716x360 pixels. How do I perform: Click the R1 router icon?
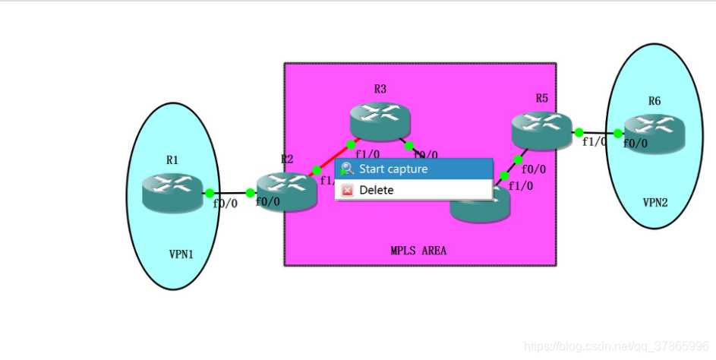[x=172, y=192]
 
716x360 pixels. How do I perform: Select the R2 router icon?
[x=285, y=191]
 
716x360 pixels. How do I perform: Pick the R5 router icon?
[x=541, y=130]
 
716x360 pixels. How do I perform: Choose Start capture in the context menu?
[x=393, y=169]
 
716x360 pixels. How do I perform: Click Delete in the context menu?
[x=377, y=190]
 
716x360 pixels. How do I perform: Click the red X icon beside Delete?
[x=347, y=190]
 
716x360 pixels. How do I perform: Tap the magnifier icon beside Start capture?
[x=347, y=169]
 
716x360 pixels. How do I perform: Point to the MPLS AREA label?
[x=418, y=250]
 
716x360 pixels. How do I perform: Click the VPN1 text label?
[x=181, y=254]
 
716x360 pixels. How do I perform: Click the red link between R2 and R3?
[x=334, y=156]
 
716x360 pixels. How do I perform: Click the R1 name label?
[x=172, y=159]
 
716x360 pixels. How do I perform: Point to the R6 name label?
[x=654, y=101]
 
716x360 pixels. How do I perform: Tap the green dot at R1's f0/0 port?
[x=210, y=193]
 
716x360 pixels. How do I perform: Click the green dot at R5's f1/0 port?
[x=579, y=132]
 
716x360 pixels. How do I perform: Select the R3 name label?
[x=380, y=89]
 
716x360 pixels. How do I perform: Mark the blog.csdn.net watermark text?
[x=617, y=346]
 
